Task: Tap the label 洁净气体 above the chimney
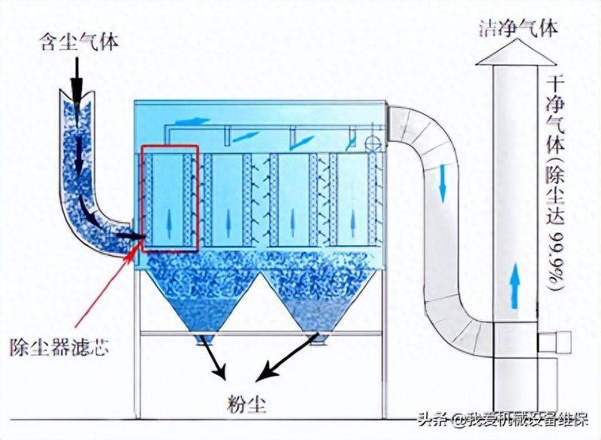(x=518, y=29)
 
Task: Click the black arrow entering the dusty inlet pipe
(x=77, y=83)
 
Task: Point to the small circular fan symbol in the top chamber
(x=370, y=143)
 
